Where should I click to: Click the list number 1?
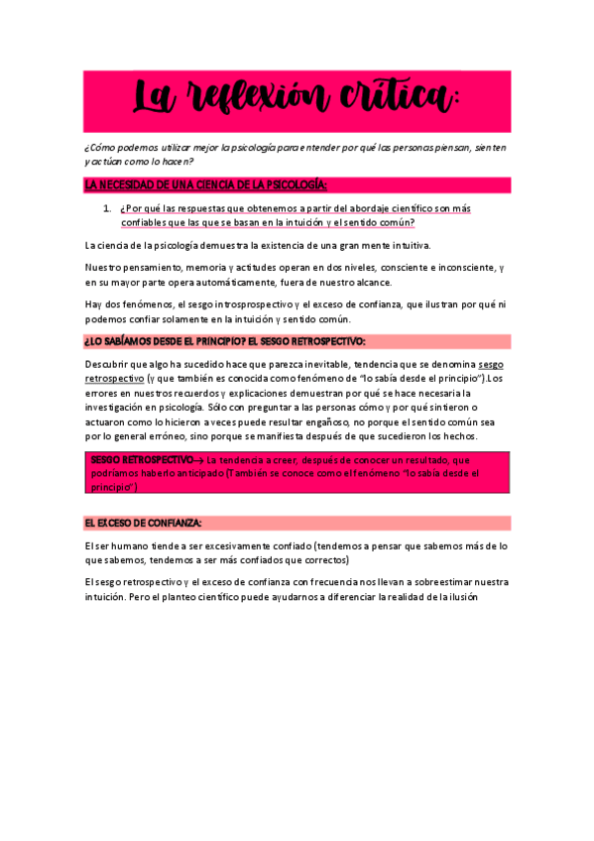(107, 208)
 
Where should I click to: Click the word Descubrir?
(108, 365)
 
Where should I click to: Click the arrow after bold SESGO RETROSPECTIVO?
(199, 460)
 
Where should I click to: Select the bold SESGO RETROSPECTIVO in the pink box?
(142, 460)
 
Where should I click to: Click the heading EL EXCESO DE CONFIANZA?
(144, 523)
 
